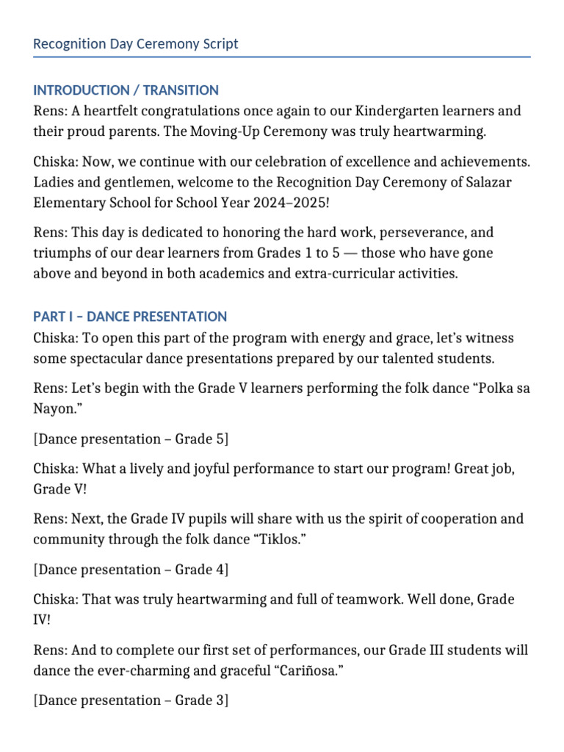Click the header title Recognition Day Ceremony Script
(136, 44)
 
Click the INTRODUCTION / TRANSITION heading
(126, 90)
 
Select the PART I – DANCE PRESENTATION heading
(130, 317)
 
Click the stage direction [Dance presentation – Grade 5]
(131, 438)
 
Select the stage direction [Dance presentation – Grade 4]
(131, 569)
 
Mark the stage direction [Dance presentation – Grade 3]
(131, 701)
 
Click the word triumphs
(64, 253)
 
